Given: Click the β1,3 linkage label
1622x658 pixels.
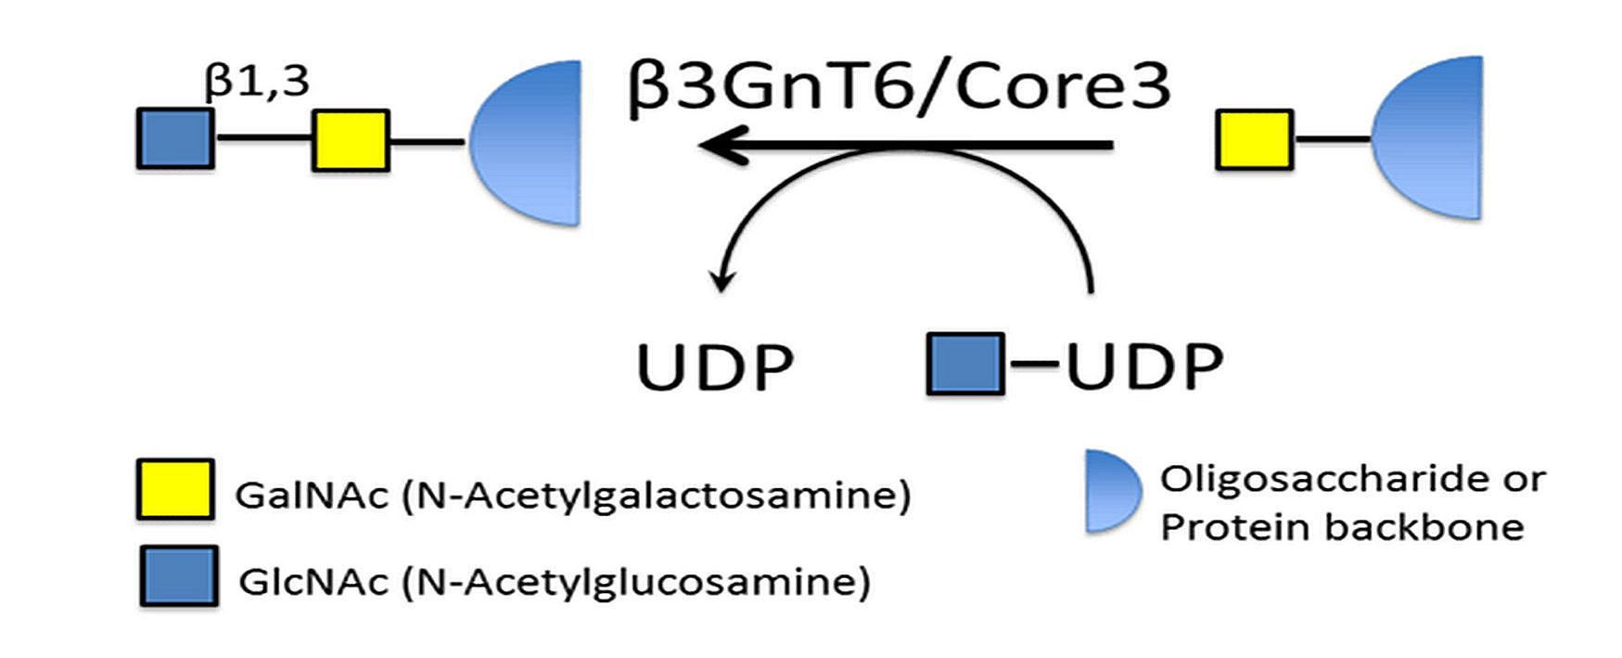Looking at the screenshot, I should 257,82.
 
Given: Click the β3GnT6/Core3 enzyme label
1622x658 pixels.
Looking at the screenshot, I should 898,86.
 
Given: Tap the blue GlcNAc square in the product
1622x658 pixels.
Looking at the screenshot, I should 175,139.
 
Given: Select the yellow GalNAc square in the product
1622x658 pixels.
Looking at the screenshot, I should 350,141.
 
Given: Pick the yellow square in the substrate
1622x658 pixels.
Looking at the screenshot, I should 1254,140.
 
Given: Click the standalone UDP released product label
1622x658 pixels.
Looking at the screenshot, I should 715,368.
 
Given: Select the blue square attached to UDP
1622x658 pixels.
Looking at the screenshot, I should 965,365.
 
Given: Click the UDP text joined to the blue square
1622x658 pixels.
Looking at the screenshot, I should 1144,368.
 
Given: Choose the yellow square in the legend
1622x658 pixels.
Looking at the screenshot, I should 175,488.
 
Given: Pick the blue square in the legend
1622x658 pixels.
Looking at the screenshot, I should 179,576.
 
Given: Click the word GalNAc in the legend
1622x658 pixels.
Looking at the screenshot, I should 311,496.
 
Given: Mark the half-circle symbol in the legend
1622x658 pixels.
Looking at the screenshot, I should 1111,492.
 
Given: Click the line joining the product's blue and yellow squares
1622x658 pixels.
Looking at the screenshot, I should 262,140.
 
